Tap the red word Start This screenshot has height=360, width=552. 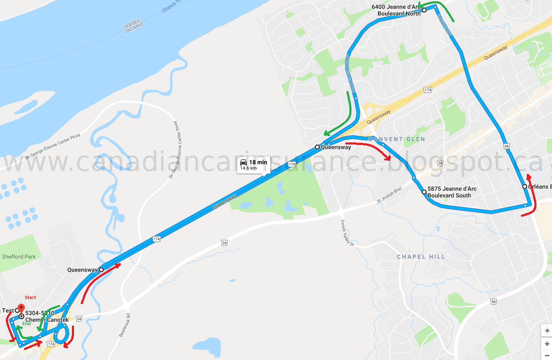coord(30,297)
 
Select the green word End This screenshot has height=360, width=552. coord(26,323)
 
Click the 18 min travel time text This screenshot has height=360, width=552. coord(258,162)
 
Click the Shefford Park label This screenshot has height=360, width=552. coord(18,257)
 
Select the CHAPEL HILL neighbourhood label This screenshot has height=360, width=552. coord(421,257)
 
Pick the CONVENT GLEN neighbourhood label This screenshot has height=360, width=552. coord(396,139)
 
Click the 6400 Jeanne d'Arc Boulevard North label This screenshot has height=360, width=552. coord(396,10)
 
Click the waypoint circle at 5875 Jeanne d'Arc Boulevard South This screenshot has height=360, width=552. coord(424,192)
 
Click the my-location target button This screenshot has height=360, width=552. coord(546,331)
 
